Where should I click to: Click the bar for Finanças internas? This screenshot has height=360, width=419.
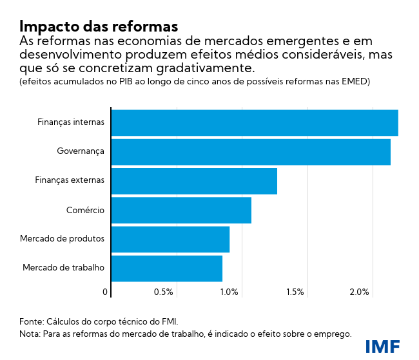255,122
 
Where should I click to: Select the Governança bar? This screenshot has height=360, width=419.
251,151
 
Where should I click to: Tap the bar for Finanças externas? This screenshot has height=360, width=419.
194,181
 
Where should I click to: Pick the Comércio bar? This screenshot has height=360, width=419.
181,210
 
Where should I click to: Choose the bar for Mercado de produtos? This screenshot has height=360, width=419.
170,239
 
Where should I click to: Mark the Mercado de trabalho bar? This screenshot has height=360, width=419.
167,268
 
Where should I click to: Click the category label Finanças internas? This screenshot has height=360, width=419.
70,122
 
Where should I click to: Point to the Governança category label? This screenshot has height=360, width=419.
81,151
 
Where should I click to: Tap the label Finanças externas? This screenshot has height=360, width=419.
69,181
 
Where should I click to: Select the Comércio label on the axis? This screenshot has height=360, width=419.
85,210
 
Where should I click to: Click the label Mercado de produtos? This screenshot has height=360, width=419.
62,239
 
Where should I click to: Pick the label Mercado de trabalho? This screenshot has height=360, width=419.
63,268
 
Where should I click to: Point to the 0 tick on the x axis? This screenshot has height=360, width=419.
105,292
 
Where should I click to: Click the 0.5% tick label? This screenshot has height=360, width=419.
164,292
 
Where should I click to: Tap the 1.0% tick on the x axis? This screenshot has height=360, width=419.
229,292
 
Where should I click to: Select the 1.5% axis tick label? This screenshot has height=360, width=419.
294,292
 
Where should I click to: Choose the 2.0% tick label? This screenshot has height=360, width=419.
359,292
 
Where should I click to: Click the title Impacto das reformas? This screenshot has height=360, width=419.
98,26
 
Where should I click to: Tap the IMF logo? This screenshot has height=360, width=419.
382,346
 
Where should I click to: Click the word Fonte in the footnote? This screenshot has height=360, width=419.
32,321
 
